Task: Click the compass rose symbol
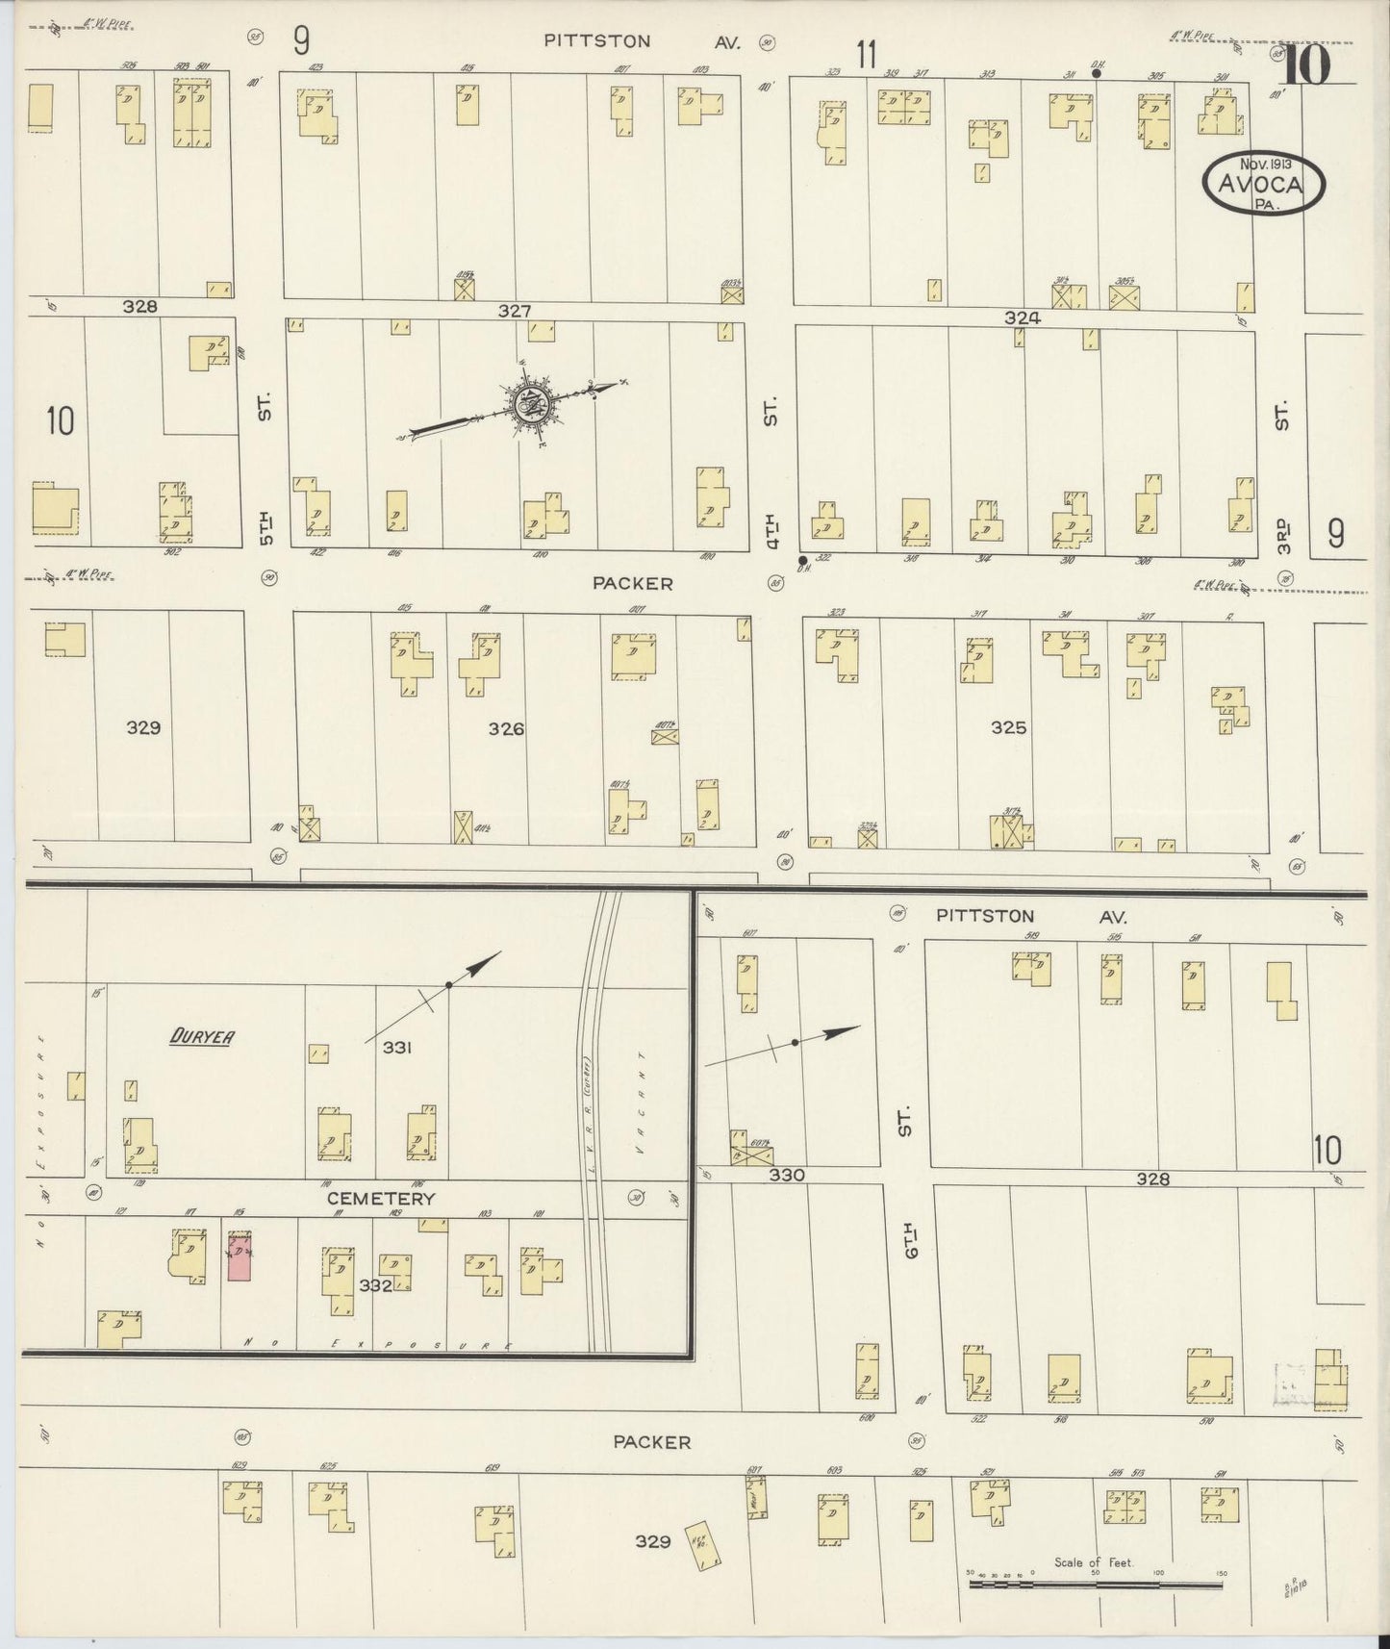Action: point(528,405)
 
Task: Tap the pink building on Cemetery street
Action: point(240,1256)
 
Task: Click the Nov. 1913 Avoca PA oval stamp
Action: point(1262,182)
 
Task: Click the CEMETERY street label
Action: point(381,1199)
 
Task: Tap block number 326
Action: point(506,728)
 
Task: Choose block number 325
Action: point(1008,728)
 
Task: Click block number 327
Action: point(515,311)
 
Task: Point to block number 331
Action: point(397,1048)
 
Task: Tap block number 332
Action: point(375,1284)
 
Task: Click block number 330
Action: point(786,1176)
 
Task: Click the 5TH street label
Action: point(266,527)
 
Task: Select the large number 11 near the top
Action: point(867,55)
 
